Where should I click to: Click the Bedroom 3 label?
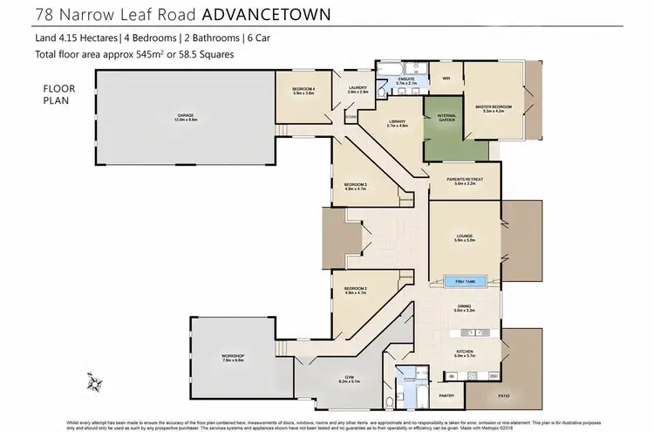355,186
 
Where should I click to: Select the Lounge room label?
464,237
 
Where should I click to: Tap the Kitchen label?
463,354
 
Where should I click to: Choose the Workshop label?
233,358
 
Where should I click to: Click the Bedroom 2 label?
355,290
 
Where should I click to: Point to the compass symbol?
96,381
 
